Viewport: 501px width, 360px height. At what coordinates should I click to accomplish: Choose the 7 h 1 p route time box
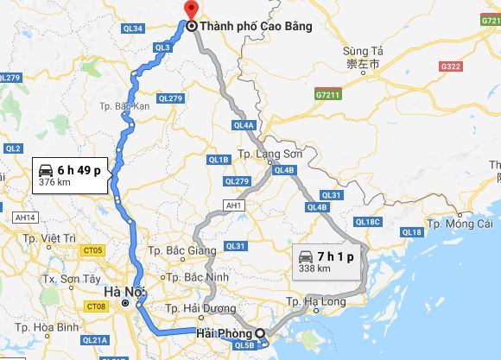pos(327,261)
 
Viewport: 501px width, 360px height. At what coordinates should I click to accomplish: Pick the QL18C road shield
pos(367,222)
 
